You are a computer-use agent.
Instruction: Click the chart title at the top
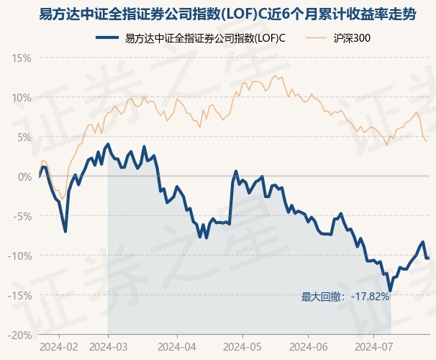tap(227, 14)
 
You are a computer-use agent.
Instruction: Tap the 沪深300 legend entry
tap(338, 38)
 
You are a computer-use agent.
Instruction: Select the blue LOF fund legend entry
tap(191, 38)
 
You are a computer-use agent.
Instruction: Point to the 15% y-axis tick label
tap(22, 58)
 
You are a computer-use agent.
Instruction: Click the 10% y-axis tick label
tap(22, 98)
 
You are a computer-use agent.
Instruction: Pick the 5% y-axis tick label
tap(24, 138)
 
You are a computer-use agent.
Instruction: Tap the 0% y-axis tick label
tap(24, 176)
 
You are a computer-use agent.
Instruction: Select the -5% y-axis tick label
tap(22, 217)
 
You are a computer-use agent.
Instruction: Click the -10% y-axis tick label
tap(19, 256)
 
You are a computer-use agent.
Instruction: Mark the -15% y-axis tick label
tap(19, 296)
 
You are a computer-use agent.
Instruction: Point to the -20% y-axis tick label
tap(19, 336)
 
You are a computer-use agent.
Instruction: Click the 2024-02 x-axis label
tap(59, 347)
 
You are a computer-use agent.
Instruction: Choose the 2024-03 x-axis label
tap(109, 347)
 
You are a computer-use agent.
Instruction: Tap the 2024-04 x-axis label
tap(177, 347)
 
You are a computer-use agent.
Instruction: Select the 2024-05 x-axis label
tap(242, 347)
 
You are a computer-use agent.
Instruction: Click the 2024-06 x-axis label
tap(309, 347)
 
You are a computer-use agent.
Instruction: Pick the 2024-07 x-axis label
tap(374, 347)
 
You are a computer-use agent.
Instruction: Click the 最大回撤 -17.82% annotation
tap(345, 297)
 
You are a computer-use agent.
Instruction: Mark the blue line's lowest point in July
tap(391, 291)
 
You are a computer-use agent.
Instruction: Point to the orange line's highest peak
tap(276, 76)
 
